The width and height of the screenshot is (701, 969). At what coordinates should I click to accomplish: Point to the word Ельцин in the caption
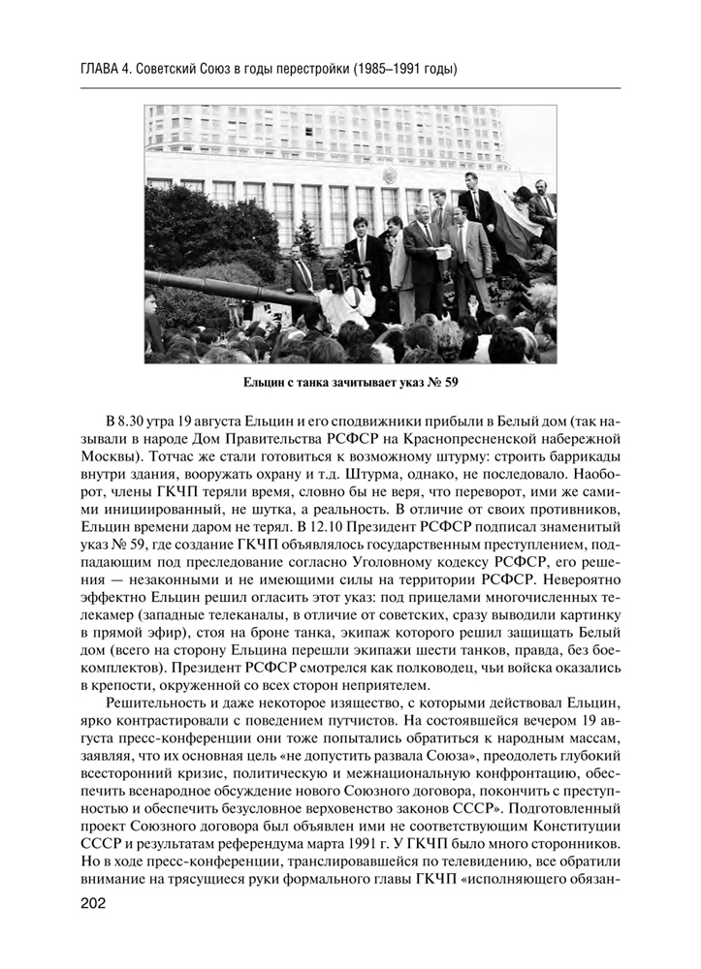(x=270, y=381)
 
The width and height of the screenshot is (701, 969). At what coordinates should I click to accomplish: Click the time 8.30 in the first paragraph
(x=135, y=422)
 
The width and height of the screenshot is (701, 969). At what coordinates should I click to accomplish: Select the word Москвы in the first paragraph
(x=107, y=457)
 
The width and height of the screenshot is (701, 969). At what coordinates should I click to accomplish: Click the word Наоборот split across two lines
(x=582, y=474)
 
